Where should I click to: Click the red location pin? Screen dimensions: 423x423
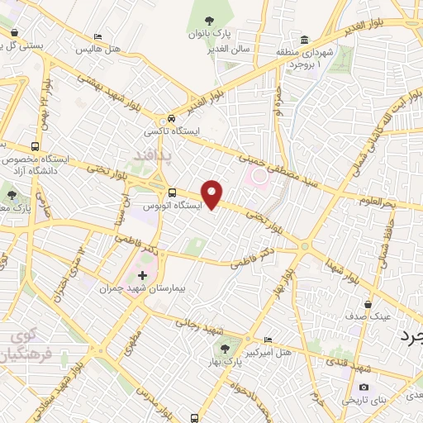click(212, 193)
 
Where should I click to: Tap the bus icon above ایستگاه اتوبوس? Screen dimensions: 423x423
click(171, 192)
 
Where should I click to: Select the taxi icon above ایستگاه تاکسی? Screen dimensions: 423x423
click(170, 119)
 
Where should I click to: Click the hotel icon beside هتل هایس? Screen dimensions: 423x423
click(98, 37)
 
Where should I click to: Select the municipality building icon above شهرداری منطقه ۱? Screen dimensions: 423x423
click(305, 40)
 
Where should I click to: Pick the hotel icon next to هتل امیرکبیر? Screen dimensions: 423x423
click(267, 340)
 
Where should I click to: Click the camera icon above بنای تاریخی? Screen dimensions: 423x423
click(364, 387)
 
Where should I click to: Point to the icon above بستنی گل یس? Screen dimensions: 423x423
click(15, 33)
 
